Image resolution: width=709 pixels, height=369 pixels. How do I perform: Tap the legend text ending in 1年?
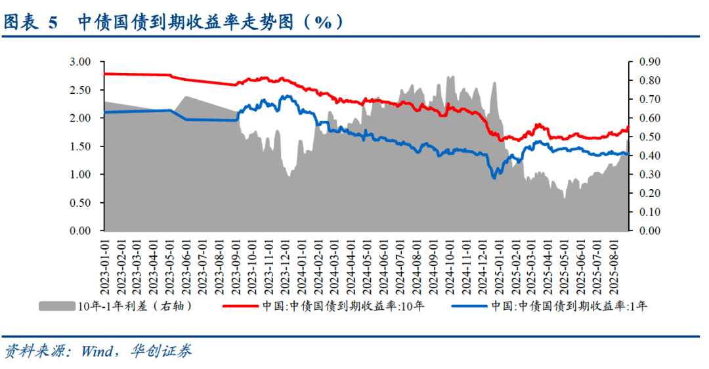570,306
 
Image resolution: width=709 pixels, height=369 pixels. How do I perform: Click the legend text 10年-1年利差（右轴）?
135,306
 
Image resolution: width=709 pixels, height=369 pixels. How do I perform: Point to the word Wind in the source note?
98,351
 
